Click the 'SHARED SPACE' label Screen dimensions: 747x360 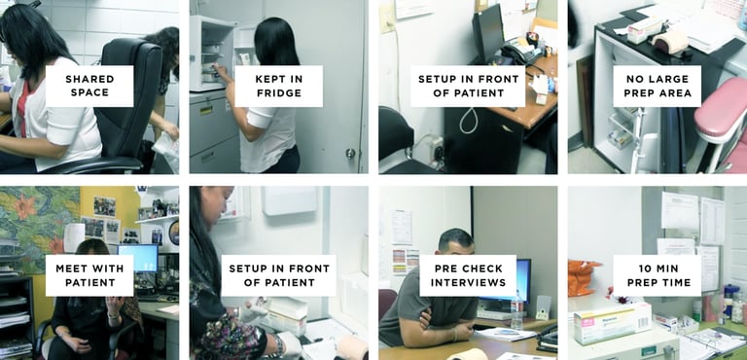click(x=89, y=86)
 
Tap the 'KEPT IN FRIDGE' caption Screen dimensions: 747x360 click(x=279, y=86)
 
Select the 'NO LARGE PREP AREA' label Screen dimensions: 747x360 click(x=657, y=86)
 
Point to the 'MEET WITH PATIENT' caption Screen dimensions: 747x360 click(x=89, y=275)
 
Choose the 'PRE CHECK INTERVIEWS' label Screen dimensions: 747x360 click(x=468, y=275)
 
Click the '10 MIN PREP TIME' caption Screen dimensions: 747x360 click(x=657, y=275)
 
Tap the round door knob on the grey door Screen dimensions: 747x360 click(x=350, y=153)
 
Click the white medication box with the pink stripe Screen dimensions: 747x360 click(x=612, y=322)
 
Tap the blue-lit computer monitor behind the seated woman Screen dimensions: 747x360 click(x=138, y=258)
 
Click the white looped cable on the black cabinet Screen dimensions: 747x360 click(x=468, y=121)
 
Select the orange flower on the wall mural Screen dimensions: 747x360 click(x=24, y=206)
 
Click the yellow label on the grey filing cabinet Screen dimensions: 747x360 click(x=206, y=110)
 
